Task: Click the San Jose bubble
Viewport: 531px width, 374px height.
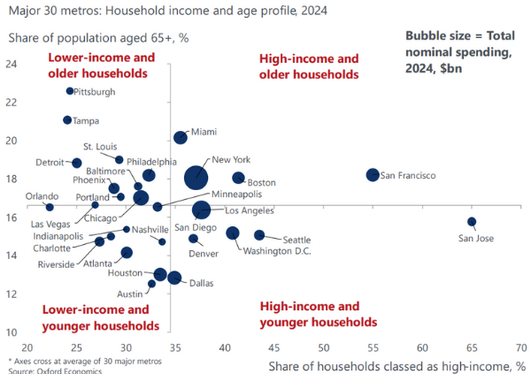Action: point(472,222)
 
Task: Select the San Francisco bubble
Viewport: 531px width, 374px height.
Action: point(373,175)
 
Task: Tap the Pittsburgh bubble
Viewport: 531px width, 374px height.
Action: point(70,91)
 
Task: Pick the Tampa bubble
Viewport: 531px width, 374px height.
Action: point(67,120)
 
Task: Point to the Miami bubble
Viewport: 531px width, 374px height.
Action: point(181,137)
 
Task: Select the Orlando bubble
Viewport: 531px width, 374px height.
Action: point(50,207)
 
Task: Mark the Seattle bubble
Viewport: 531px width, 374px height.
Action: point(259,235)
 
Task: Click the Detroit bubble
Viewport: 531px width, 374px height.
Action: point(77,164)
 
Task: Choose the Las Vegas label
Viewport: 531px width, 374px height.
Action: point(49,224)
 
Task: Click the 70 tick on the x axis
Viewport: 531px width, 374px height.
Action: point(519,347)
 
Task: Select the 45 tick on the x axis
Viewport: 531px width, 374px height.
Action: point(273,347)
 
